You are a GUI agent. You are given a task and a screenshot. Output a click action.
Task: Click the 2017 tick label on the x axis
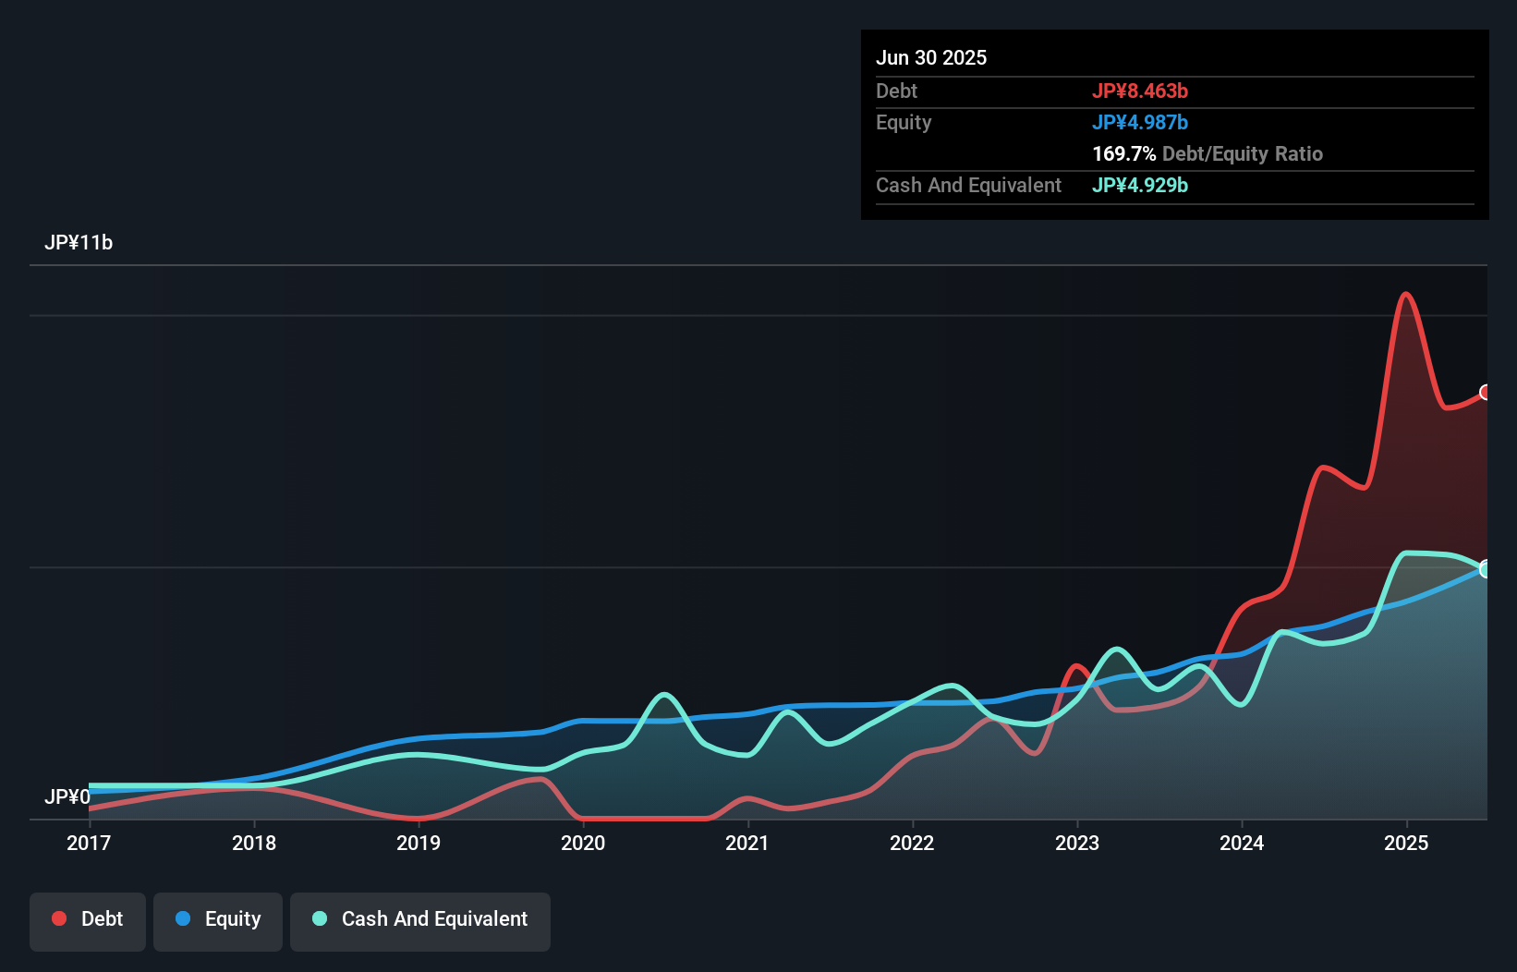pyautogui.click(x=89, y=843)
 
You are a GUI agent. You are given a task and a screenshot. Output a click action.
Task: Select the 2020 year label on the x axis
pyautogui.click(x=583, y=843)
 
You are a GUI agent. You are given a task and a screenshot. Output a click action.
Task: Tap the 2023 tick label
pyautogui.click(x=1077, y=843)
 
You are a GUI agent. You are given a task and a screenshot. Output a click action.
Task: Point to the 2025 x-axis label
pyautogui.click(x=1406, y=843)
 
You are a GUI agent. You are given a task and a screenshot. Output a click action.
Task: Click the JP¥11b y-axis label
pyautogui.click(x=79, y=243)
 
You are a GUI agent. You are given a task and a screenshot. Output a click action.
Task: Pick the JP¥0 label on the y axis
pyautogui.click(x=67, y=796)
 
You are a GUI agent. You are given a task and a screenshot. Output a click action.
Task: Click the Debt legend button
pyautogui.click(x=88, y=919)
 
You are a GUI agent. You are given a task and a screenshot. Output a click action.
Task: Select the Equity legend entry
pyautogui.click(x=218, y=919)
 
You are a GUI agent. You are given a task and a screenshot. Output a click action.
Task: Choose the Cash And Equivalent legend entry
pyautogui.click(x=420, y=919)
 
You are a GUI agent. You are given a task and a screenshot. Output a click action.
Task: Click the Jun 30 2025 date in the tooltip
pyautogui.click(x=931, y=58)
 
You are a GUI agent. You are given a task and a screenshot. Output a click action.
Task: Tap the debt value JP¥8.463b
pyautogui.click(x=1140, y=91)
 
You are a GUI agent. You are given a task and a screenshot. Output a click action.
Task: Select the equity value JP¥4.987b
pyautogui.click(x=1140, y=123)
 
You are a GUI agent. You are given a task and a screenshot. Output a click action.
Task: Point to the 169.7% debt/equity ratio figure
pyautogui.click(x=1123, y=154)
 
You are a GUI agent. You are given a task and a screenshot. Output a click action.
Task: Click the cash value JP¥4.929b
pyautogui.click(x=1140, y=186)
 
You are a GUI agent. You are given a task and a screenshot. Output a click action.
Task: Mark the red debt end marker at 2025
pyautogui.click(x=1486, y=393)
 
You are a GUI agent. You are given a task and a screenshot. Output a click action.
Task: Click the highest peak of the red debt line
pyautogui.click(x=1405, y=295)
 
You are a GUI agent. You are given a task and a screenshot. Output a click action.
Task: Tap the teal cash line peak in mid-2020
pyautogui.click(x=664, y=694)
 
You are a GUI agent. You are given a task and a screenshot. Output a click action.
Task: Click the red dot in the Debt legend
pyautogui.click(x=59, y=918)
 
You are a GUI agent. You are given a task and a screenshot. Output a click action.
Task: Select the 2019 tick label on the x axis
pyautogui.click(x=419, y=843)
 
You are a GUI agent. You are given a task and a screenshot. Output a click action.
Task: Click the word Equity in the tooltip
pyautogui.click(x=904, y=123)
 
